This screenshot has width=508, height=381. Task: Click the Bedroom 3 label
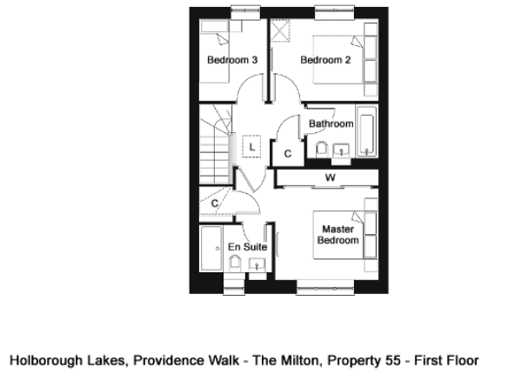232,60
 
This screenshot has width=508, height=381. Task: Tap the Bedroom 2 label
325,60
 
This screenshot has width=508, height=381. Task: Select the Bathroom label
331,124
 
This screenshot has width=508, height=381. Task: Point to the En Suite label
248,247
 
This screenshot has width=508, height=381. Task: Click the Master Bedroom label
338,235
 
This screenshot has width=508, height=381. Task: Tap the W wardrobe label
331,177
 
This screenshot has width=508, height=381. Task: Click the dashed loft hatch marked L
251,146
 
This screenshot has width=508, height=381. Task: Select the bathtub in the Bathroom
367,130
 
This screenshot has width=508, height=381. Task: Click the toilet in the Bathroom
321,150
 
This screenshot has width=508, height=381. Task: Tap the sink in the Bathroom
341,150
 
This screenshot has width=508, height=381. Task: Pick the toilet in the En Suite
235,263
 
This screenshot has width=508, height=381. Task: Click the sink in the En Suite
257,264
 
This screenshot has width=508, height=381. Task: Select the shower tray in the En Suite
211,249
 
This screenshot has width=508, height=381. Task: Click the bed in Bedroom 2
338,60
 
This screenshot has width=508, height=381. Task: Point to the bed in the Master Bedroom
338,235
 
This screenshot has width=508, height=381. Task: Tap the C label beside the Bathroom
288,154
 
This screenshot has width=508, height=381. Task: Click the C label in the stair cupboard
215,204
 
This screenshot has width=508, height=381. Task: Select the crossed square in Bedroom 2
280,30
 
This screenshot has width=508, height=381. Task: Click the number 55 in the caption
393,360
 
